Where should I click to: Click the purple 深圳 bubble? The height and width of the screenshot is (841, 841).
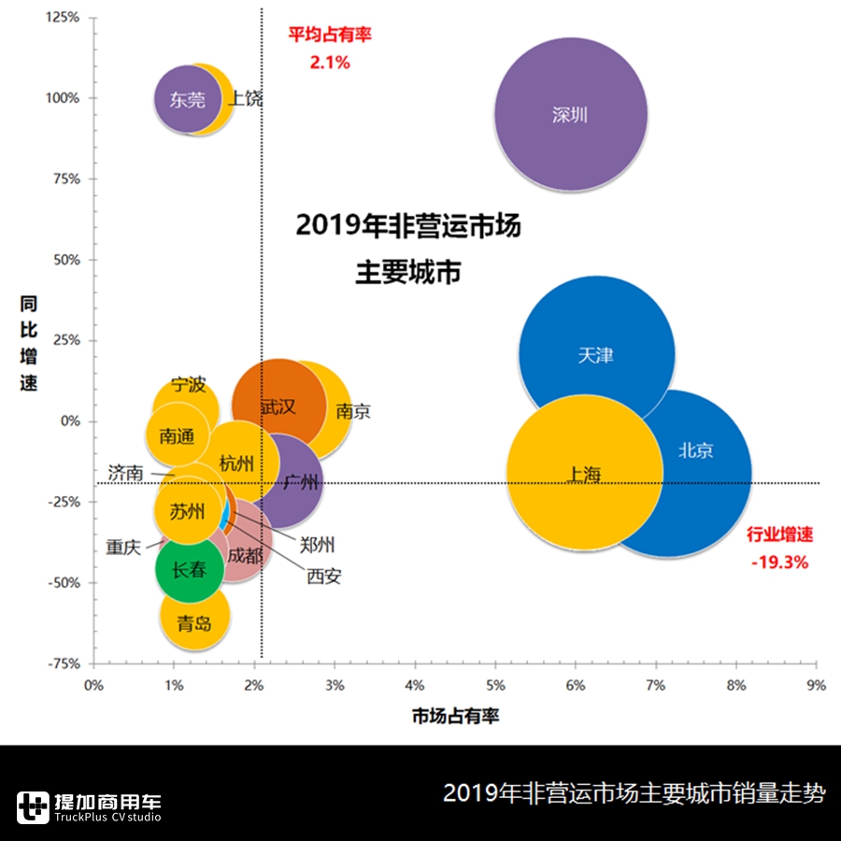point(570,115)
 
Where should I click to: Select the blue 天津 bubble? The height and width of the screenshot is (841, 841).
point(596,355)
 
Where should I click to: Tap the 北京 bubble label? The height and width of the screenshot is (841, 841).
point(696,450)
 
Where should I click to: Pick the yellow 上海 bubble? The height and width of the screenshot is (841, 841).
point(584,474)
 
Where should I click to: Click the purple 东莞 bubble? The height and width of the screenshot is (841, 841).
point(187,99)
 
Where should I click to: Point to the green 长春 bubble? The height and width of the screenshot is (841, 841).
point(190,568)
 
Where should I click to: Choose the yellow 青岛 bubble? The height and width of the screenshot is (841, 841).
point(194,623)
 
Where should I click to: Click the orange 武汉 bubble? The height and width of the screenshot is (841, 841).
point(278,406)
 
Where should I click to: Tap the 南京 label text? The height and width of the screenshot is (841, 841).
point(352,411)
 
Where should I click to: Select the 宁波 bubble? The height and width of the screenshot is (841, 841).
point(188,385)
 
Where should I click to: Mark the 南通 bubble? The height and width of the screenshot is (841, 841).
point(178,435)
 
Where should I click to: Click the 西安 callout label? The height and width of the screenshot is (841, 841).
point(324,577)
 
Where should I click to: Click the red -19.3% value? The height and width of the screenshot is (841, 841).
point(779,563)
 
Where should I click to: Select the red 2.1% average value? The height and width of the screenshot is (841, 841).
point(329,63)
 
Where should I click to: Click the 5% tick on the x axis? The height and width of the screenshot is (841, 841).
point(495,685)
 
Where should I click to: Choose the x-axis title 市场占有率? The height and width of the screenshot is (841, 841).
point(455,717)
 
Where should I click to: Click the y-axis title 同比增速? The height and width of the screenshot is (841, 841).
point(29,343)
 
